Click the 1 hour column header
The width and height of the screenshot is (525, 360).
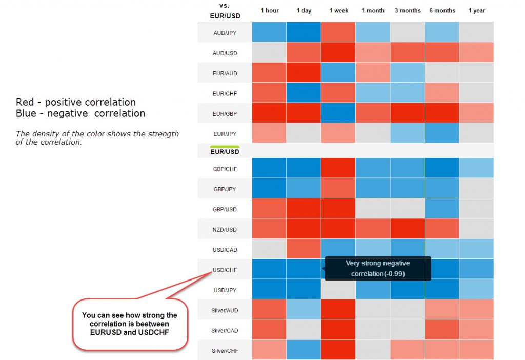[269, 11]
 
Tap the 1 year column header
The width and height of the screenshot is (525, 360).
[476, 11]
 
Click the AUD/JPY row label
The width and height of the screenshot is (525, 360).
[225, 33]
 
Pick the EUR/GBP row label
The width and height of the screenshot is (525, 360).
[225, 113]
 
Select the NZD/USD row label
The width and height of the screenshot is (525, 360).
[225, 229]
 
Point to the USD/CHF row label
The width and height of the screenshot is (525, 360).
[225, 270]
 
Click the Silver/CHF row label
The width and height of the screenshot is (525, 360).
[225, 350]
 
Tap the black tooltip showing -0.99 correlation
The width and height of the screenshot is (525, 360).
[378, 269]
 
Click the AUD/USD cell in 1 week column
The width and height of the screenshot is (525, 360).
[338, 52]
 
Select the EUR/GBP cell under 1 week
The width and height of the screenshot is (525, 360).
[338, 113]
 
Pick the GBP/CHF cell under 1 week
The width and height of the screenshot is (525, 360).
[338, 168]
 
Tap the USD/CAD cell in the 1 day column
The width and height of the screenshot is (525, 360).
[304, 249]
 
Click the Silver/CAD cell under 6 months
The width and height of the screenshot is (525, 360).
[441, 330]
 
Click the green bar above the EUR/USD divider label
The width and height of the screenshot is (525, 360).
[225, 147]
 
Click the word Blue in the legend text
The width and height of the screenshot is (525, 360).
[26, 113]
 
